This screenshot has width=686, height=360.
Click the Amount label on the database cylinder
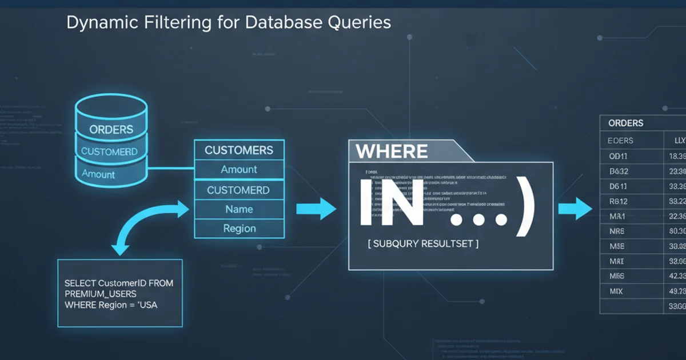98,174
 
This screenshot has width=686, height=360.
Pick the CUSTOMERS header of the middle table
239,150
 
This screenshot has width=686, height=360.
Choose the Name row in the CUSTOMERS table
239,209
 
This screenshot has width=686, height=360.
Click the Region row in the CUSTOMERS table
239,229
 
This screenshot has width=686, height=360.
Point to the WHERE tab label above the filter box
391,151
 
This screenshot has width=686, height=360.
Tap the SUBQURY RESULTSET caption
423,244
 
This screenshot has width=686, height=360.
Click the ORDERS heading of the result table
625,123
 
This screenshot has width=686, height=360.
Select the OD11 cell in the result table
619,155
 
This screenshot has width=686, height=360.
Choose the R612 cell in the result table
619,201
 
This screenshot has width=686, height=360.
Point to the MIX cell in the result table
616,291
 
